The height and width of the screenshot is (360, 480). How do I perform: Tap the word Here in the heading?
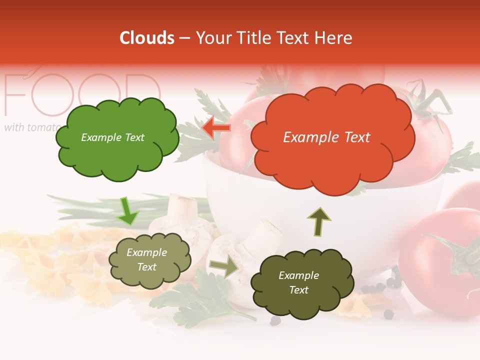point(333,38)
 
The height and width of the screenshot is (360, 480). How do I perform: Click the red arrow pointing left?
point(217,128)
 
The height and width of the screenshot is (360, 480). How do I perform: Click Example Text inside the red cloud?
point(326,137)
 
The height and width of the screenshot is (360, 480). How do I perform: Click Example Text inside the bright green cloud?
point(112,137)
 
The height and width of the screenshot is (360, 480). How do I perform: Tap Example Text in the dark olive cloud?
point(298,282)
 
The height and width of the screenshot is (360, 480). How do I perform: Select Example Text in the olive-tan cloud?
point(146,259)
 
